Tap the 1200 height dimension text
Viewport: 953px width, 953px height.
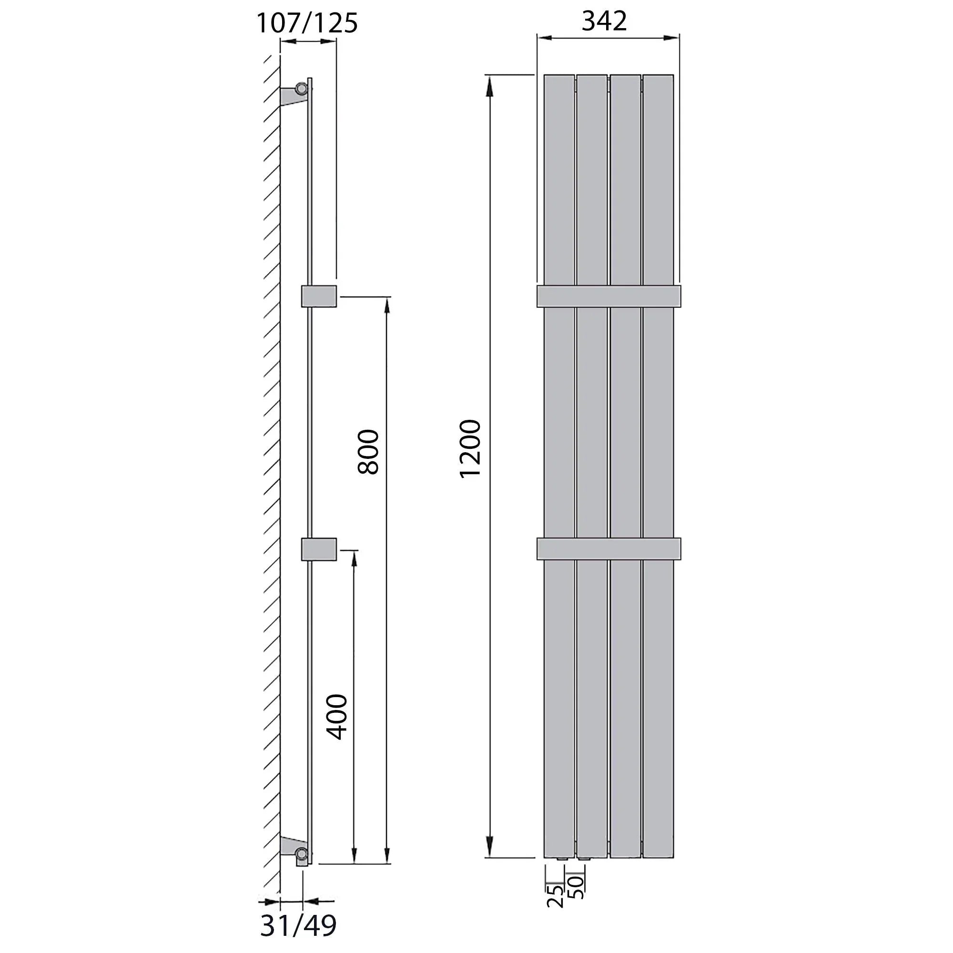(x=470, y=448)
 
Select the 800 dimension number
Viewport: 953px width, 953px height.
(x=368, y=452)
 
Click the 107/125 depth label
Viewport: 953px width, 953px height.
(x=307, y=23)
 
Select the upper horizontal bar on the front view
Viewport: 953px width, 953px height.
(x=608, y=296)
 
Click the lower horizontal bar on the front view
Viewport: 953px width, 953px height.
(x=608, y=548)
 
